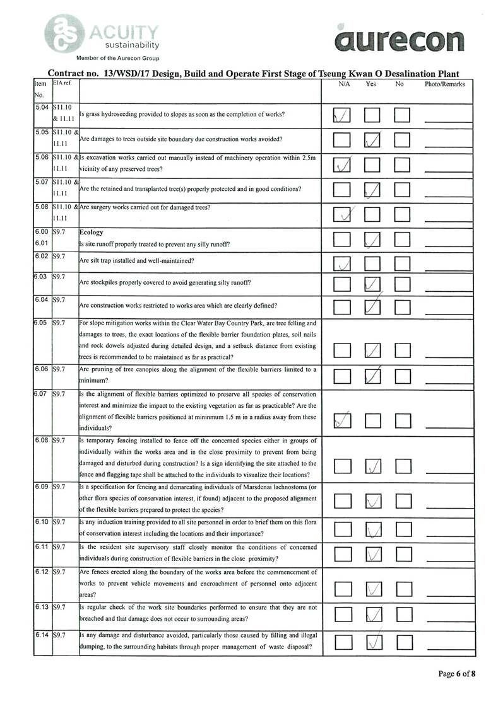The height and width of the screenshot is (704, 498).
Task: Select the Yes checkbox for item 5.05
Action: [372, 140]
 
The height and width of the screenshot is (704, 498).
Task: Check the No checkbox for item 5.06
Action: [402, 164]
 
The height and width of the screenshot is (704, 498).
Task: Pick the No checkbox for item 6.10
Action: [402, 528]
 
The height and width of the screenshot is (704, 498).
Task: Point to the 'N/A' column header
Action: [344, 84]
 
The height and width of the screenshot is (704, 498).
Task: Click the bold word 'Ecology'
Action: [93, 232]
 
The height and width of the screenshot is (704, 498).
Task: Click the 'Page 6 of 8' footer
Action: [457, 674]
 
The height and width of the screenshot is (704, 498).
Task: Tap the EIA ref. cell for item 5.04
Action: [64, 113]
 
